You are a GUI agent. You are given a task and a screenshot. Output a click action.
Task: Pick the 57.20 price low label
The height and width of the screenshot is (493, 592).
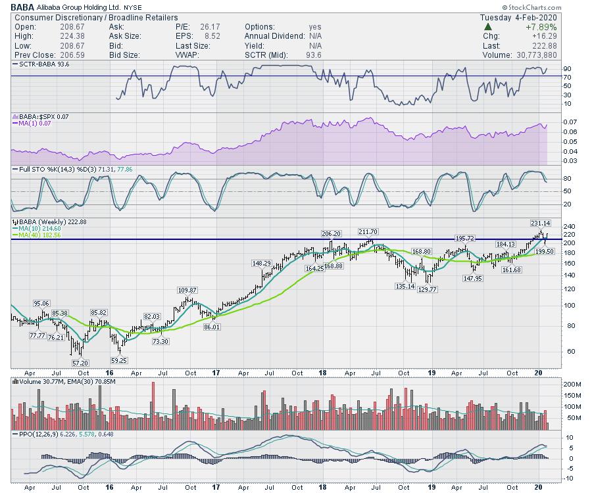tap(79, 363)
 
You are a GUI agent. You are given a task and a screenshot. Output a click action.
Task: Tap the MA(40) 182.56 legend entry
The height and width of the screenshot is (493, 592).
tap(41, 235)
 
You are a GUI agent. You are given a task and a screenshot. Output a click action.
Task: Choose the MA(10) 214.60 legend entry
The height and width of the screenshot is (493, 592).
tap(41, 228)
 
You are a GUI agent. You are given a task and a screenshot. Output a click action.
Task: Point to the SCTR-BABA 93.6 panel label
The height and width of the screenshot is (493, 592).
tap(41, 64)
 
